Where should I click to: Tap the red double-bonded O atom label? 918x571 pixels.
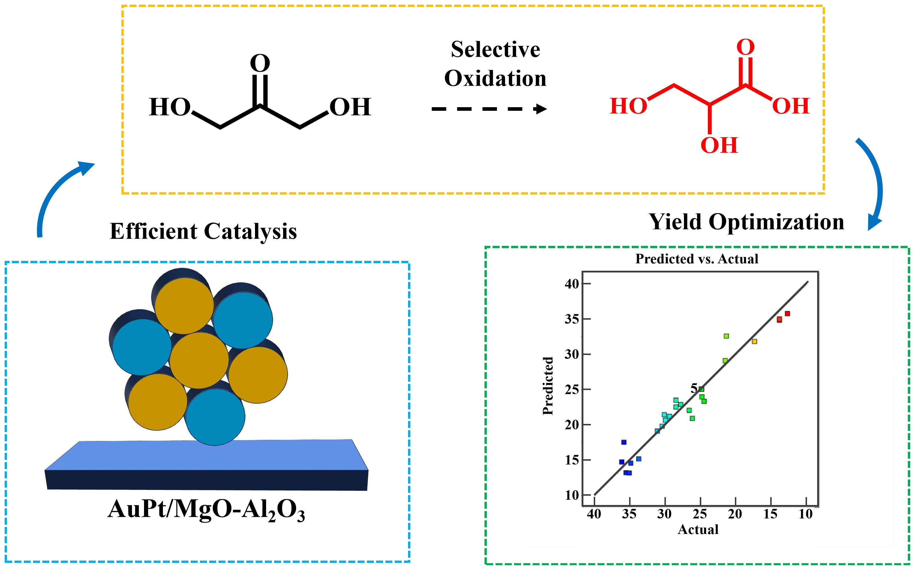[x=745, y=47]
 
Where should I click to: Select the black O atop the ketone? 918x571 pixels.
[x=260, y=63]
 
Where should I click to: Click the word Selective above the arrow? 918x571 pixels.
[x=495, y=50]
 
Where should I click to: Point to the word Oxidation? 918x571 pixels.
[x=495, y=78]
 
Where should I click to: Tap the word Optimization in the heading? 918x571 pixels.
[x=776, y=222]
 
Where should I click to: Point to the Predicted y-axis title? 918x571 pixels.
[x=548, y=386]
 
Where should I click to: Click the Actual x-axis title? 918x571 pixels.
[x=698, y=530]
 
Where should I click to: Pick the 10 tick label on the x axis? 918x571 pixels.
[x=805, y=514]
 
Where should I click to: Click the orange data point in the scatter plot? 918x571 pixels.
[x=754, y=342]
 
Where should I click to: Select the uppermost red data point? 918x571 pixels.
[x=787, y=314]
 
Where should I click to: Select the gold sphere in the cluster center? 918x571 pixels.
[x=199, y=360]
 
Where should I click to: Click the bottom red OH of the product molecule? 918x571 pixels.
[x=719, y=145]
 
